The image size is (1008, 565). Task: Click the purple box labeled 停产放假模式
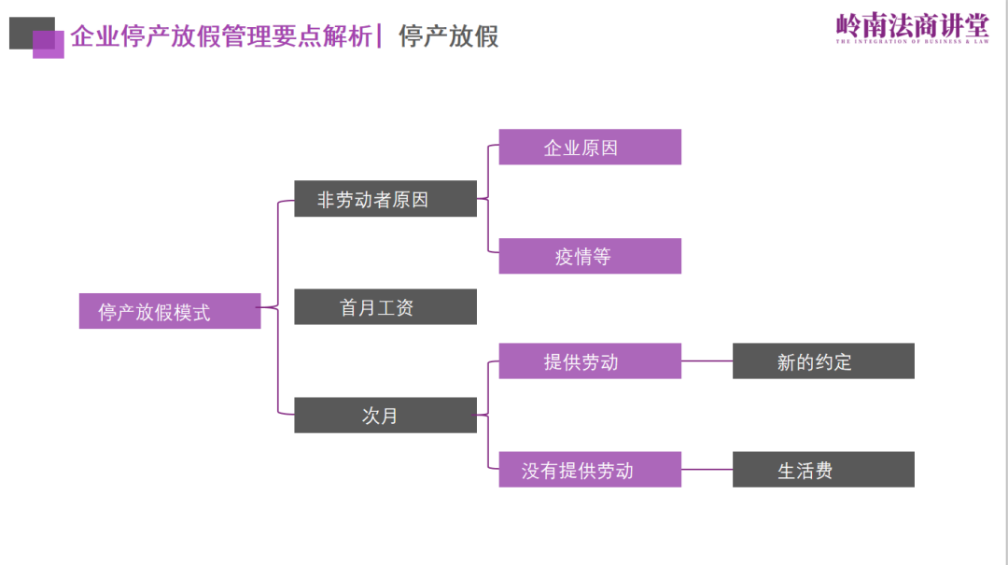click(x=169, y=311)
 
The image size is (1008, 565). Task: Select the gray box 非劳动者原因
click(x=385, y=199)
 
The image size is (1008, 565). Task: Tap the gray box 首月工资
click(x=385, y=307)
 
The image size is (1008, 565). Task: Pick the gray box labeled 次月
click(x=385, y=416)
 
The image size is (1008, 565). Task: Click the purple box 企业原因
click(x=589, y=148)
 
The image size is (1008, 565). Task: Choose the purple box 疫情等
click(x=589, y=256)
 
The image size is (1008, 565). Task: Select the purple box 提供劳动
click(x=589, y=361)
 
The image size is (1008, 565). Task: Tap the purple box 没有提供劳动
click(x=589, y=470)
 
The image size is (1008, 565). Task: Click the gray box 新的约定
click(x=822, y=361)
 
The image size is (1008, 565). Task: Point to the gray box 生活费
click(x=822, y=470)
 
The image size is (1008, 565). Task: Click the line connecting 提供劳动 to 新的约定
click(x=707, y=361)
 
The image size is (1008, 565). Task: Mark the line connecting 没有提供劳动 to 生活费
click(x=707, y=470)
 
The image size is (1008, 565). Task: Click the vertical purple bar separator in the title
click(x=380, y=35)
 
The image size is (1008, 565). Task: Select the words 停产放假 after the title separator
click(x=448, y=36)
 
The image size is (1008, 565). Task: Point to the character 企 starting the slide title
click(x=82, y=36)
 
